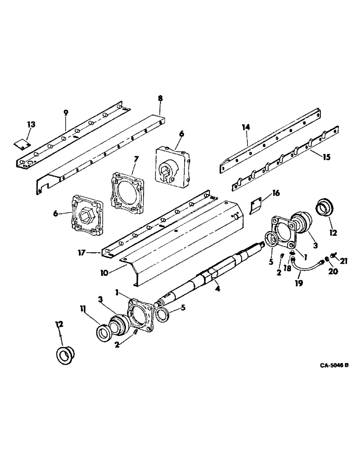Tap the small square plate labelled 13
[x=21, y=144]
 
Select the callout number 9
[x=66, y=112]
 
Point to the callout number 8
[x=160, y=98]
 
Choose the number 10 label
[x=103, y=272]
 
